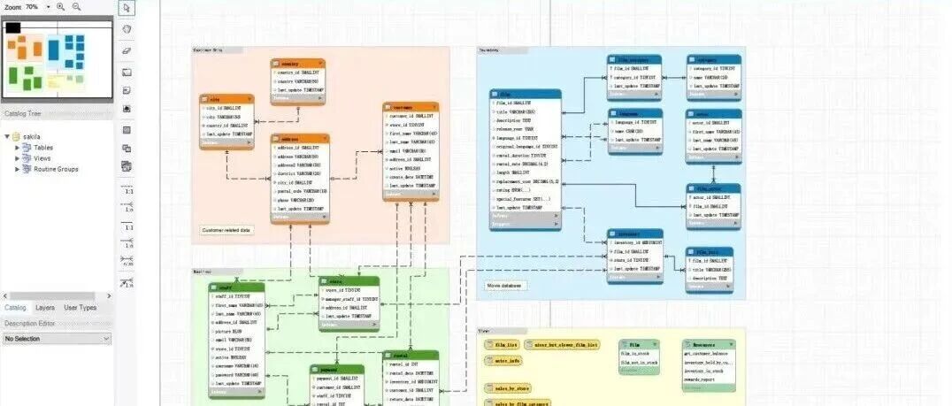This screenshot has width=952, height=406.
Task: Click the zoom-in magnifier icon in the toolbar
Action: click(60, 6)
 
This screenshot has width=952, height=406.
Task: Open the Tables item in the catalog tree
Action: click(43, 148)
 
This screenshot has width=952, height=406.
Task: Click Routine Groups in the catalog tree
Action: click(56, 169)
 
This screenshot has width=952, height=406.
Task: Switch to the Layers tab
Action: click(44, 308)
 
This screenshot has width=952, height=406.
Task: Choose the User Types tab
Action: click(81, 308)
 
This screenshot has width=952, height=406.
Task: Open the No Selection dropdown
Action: click(57, 339)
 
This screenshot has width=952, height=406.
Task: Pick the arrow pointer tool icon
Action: click(127, 9)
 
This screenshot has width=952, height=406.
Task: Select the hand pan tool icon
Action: click(127, 30)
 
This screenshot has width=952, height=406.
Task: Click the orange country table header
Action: click(297, 64)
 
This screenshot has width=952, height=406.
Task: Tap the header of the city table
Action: click(226, 99)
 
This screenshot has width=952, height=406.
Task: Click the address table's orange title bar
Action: click(300, 139)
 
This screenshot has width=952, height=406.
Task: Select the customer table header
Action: click(411, 107)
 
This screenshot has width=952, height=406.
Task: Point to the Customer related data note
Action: click(226, 231)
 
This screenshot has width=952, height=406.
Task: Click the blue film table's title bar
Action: click(525, 94)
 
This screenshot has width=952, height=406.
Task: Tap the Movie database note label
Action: click(504, 286)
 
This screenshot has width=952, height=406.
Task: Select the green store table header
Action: click(349, 281)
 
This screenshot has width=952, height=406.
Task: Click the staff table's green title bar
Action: click(236, 287)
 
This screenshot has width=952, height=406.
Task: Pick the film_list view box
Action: click(505, 344)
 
